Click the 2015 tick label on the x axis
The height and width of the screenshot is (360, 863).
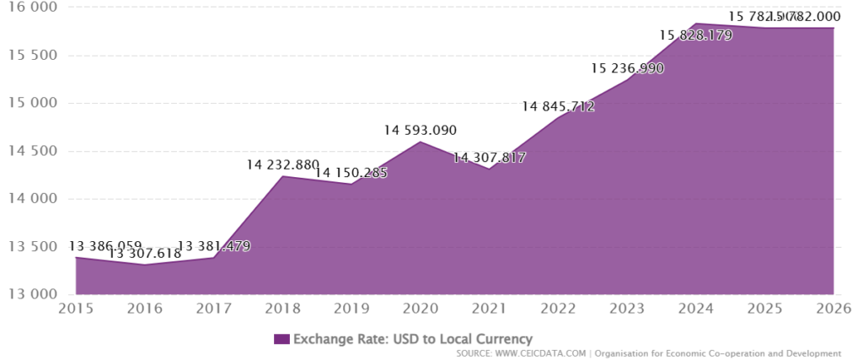pyautogui.click(x=76, y=308)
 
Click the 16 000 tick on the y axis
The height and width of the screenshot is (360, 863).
pyautogui.click(x=29, y=8)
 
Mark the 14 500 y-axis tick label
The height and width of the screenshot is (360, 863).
pyautogui.click(x=29, y=152)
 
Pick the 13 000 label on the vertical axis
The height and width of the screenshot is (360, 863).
pyautogui.click(x=29, y=295)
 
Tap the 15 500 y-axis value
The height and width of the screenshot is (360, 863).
pyautogui.click(x=29, y=56)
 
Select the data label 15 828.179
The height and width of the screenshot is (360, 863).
pyautogui.click(x=695, y=35)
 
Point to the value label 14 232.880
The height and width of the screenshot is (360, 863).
pyautogui.click(x=282, y=164)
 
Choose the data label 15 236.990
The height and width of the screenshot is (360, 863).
pyautogui.click(x=627, y=68)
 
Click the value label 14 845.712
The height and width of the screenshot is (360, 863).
pyautogui.click(x=558, y=106)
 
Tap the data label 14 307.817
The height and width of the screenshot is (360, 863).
pyautogui.click(x=489, y=157)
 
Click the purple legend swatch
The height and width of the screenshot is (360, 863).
pyautogui.click(x=281, y=339)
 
